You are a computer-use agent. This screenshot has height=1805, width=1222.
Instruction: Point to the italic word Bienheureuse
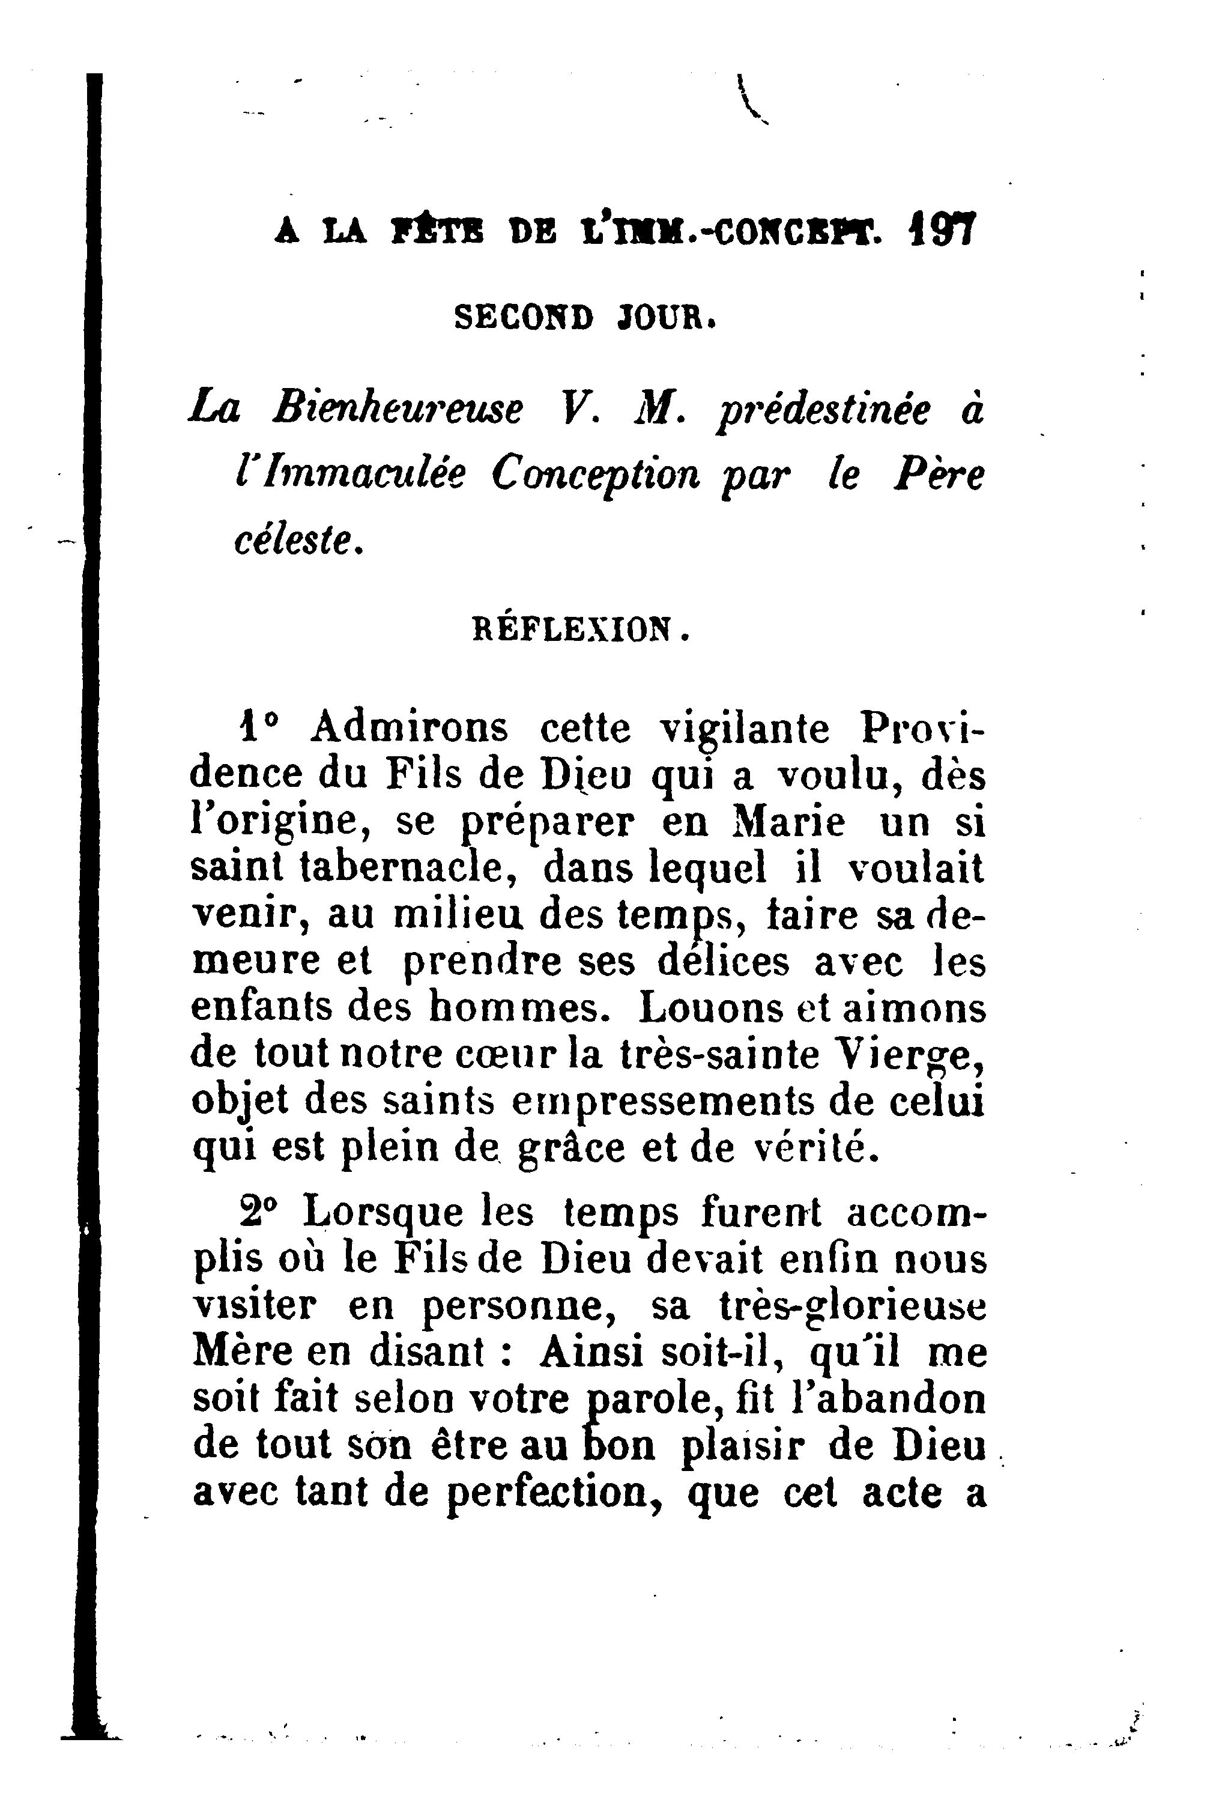[x=397, y=409]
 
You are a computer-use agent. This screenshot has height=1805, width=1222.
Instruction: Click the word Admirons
[x=409, y=728]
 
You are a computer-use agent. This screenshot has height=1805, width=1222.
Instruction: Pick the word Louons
[x=703, y=1008]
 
